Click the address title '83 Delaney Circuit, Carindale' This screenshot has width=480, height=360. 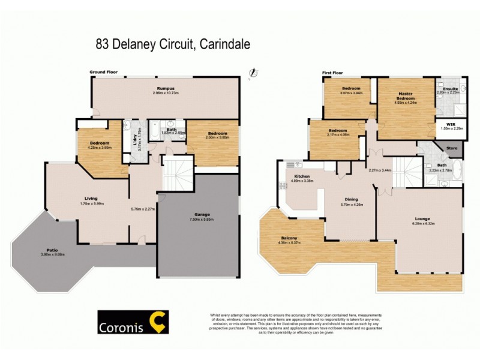(x=173, y=44)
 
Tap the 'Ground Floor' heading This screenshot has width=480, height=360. (x=104, y=72)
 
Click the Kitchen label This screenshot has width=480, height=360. (x=299, y=177)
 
